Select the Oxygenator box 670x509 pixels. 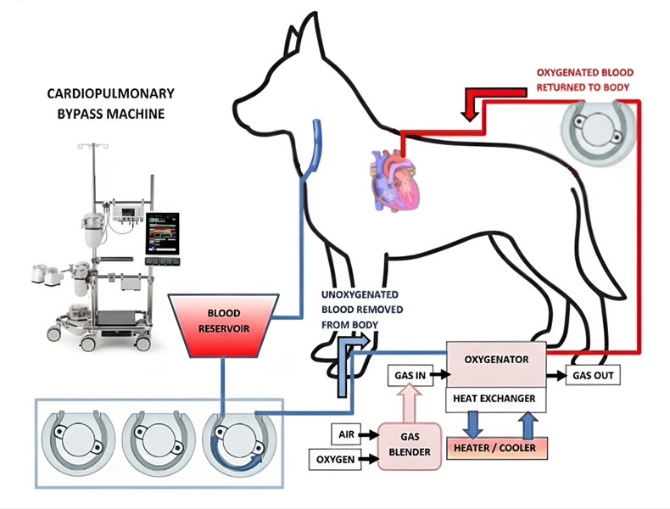496,359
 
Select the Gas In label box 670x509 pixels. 409,374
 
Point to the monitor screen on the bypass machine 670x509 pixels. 161,234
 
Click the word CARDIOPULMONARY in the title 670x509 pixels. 101,92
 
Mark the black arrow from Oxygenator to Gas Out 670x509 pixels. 556,375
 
